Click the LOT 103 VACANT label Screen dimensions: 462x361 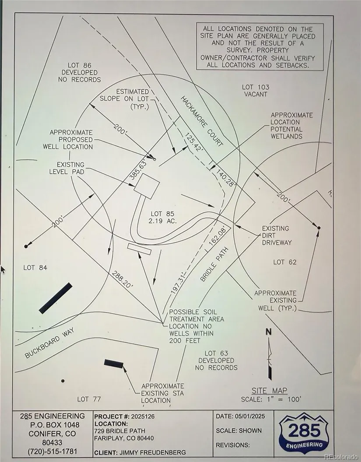point(256,91)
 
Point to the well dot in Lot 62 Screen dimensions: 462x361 point(319,228)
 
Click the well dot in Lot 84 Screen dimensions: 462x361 point(26,247)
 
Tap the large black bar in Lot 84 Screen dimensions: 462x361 point(56,298)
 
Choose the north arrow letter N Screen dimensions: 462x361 point(269,332)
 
